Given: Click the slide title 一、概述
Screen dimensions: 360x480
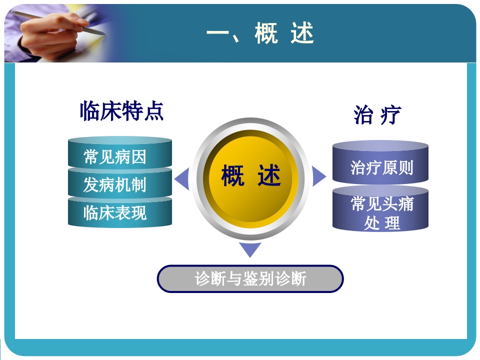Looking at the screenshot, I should [260, 34].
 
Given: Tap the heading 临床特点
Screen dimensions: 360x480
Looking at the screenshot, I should [121, 110].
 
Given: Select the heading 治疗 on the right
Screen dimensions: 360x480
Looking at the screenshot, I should [377, 115].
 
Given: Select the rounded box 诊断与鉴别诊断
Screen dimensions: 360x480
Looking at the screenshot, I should [250, 278].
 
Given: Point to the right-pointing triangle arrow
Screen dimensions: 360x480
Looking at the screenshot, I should [318, 175].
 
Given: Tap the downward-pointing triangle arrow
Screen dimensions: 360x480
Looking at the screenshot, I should [250, 249].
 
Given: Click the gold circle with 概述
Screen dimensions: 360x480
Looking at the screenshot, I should [250, 177].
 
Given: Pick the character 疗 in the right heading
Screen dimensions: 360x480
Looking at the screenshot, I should [390, 115].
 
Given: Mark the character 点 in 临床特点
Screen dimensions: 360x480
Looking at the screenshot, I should [153, 110].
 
